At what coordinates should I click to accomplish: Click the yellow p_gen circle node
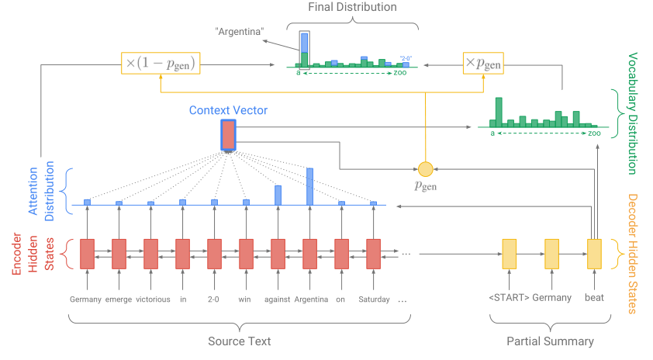pos(424,169)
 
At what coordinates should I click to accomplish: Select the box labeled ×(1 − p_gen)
pos(159,62)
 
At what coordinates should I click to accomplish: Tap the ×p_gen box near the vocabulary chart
pos(482,62)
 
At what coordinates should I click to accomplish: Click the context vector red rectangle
pos(228,135)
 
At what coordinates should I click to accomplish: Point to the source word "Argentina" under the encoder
pos(309,299)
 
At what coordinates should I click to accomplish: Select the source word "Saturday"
pos(373,299)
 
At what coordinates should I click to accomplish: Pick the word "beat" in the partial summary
pos(594,297)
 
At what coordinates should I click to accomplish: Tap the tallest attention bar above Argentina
pos(309,186)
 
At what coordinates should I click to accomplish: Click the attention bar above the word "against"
pos(278,195)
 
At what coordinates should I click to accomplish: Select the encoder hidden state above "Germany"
pos(87,253)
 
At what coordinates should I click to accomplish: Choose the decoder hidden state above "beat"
pos(594,253)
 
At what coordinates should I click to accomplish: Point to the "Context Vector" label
pos(228,111)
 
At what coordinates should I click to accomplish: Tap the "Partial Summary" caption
pos(551,341)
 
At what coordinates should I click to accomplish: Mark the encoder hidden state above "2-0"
pos(214,253)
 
